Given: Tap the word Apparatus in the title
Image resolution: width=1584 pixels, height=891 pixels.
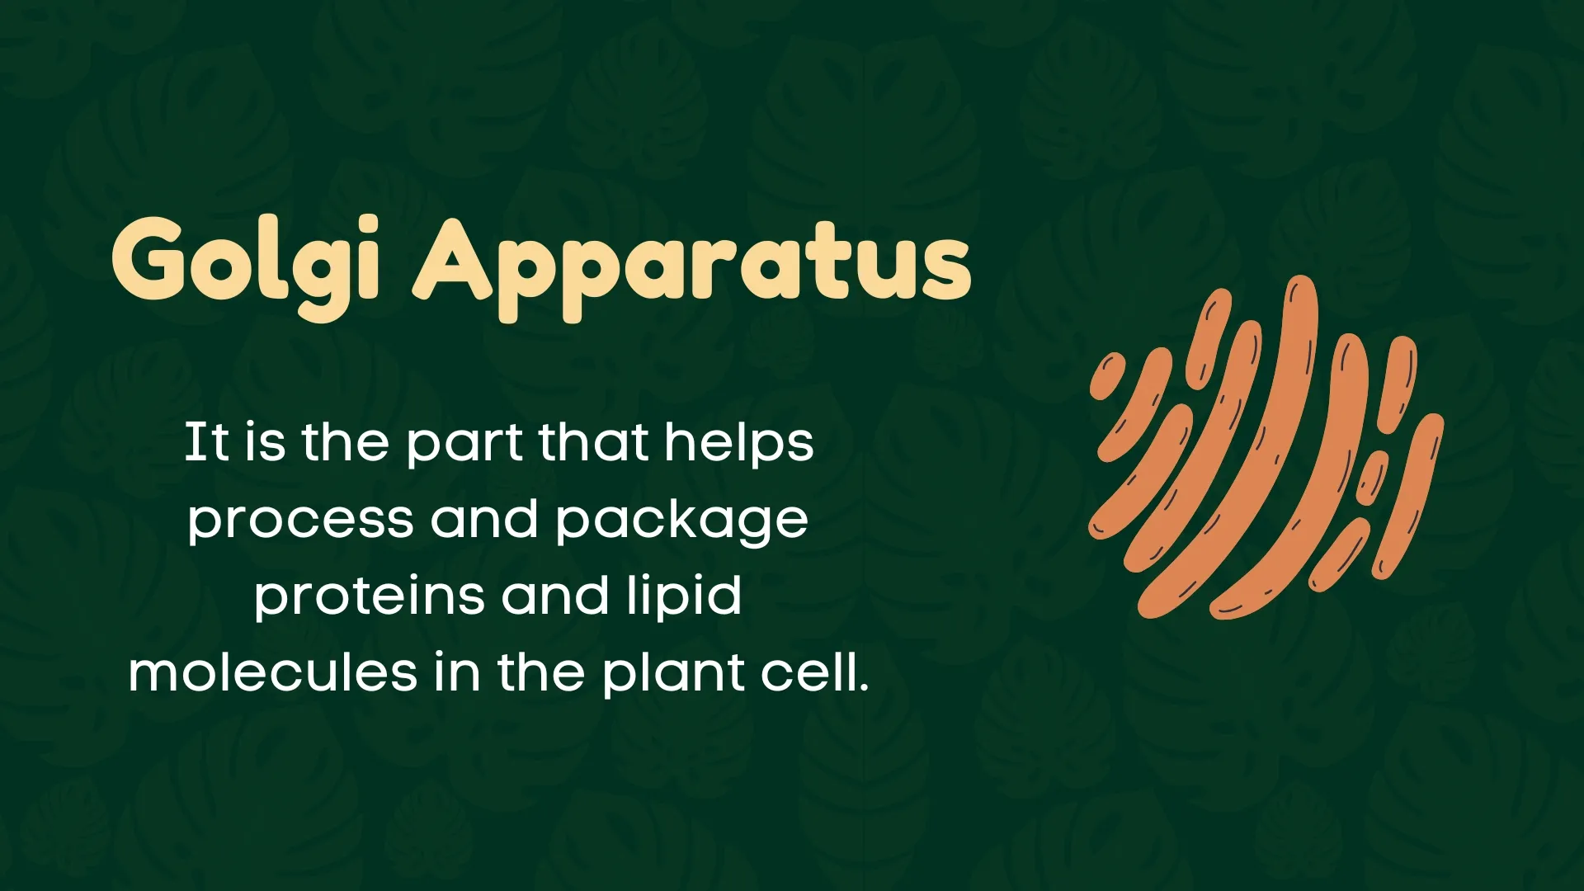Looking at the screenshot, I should click(x=691, y=262).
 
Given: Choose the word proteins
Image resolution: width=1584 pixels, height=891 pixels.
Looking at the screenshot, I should click(x=369, y=596).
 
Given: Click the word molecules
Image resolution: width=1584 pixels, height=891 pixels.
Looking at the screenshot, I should click(x=273, y=673).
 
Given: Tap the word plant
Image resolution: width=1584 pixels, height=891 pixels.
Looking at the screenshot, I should click(x=673, y=673).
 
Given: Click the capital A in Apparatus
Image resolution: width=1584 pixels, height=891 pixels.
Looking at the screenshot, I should click(x=451, y=260).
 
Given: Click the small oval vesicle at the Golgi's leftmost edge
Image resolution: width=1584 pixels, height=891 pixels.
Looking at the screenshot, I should click(x=1107, y=376).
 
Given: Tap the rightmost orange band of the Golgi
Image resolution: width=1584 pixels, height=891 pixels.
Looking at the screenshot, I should click(x=1412, y=495).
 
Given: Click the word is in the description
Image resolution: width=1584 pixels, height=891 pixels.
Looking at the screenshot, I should click(x=265, y=443).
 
